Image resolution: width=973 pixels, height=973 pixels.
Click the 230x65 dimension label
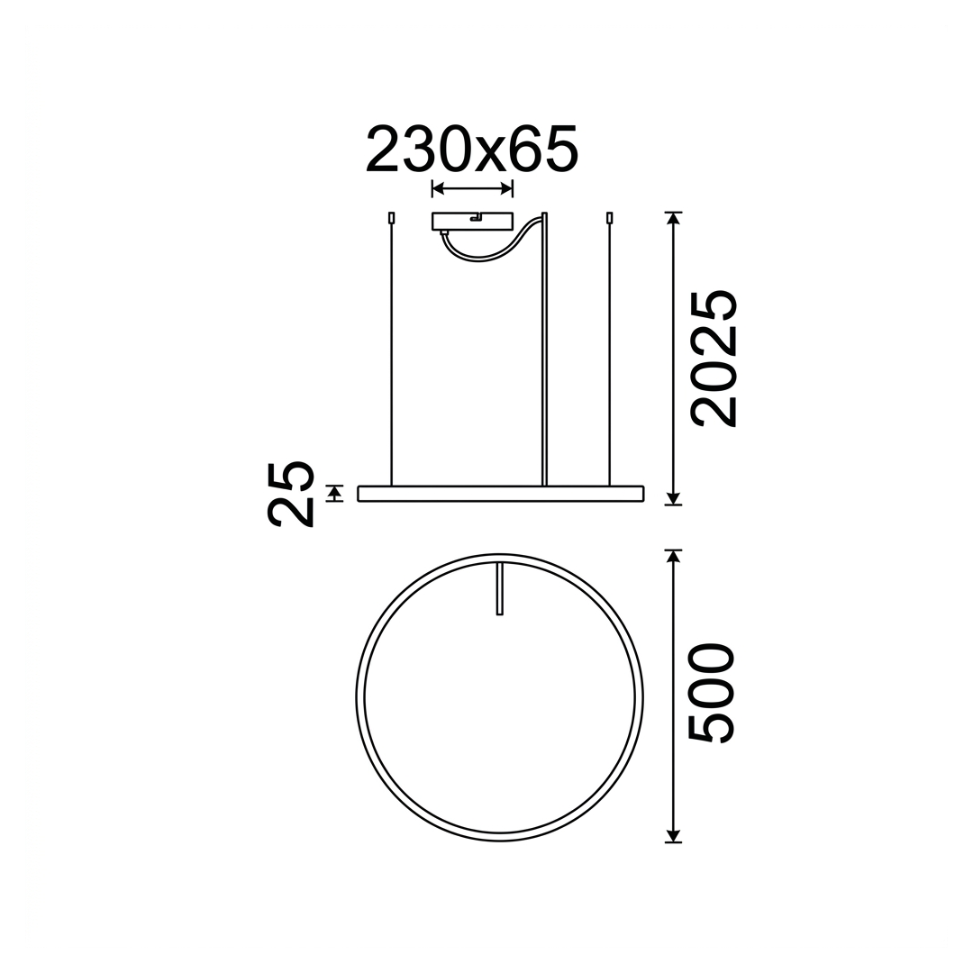coord(472,150)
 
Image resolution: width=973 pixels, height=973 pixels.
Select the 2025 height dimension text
coord(714,358)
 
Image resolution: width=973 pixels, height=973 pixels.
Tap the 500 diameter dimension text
coord(713,693)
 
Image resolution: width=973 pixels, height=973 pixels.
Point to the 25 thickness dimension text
coord(289,494)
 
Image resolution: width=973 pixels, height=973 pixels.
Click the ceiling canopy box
coord(472,221)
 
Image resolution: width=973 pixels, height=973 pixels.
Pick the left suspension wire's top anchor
coord(391,218)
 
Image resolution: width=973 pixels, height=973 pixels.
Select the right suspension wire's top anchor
coord(609,218)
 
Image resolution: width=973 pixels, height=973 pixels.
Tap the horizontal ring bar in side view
coord(500,494)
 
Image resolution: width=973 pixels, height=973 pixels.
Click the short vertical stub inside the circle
coord(498,589)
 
